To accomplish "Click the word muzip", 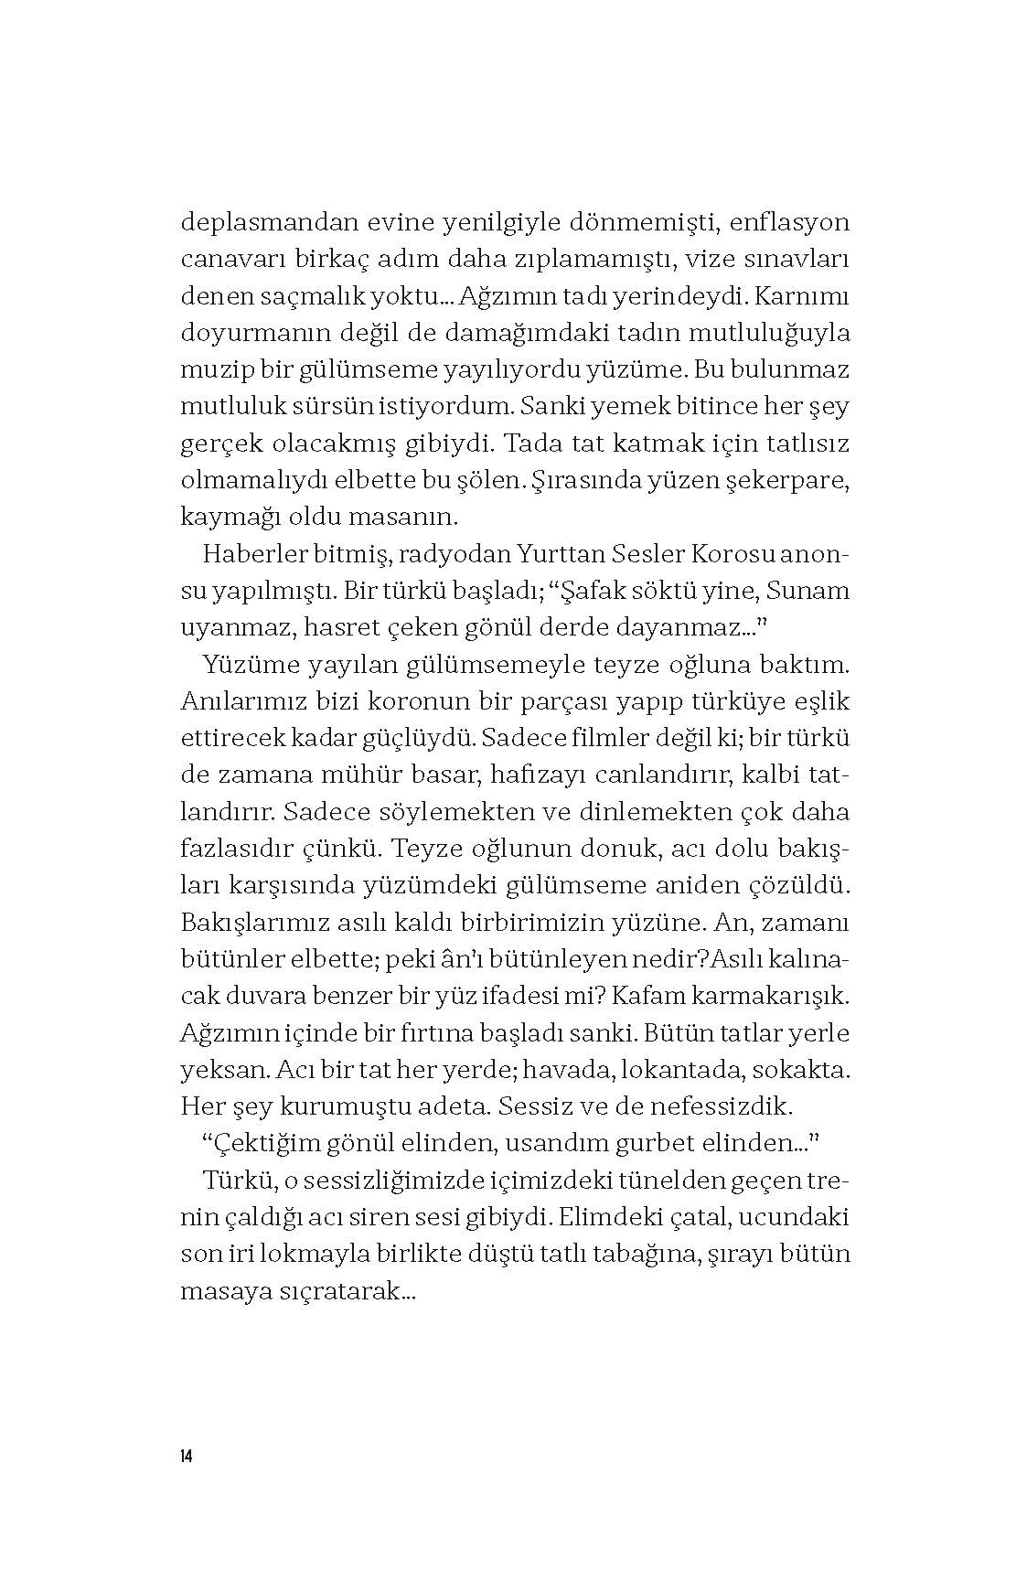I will (x=212, y=369).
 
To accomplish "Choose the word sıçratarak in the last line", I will (x=337, y=1291).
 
